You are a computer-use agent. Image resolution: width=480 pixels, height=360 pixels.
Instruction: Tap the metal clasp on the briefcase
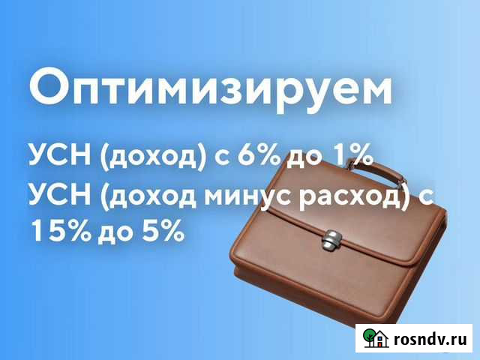[330, 242]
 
